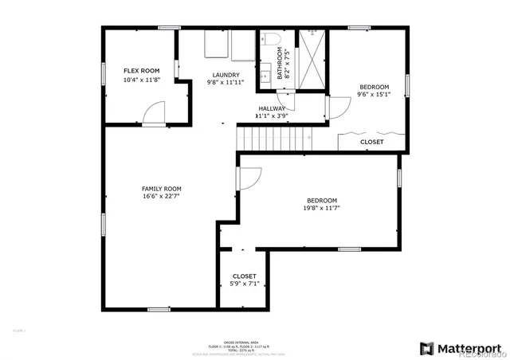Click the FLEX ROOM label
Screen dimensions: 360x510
[135, 70]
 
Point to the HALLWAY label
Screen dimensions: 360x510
[272, 108]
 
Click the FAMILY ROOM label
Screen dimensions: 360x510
[161, 188]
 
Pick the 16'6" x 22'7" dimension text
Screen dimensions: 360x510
[161, 196]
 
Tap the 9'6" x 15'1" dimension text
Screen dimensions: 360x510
[374, 95]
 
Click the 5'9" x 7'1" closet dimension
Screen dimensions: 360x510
[245, 284]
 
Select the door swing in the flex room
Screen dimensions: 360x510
[153, 112]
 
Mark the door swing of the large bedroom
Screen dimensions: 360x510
[246, 179]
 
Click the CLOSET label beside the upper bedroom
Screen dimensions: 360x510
[371, 142]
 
